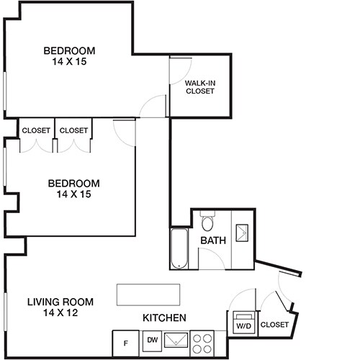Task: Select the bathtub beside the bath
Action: pyautogui.click(x=179, y=248)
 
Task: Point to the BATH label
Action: pyautogui.click(x=213, y=240)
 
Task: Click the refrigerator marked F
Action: pyautogui.click(x=126, y=343)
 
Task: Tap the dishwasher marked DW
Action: pyautogui.click(x=152, y=339)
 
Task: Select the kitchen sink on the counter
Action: pyautogui.click(x=176, y=341)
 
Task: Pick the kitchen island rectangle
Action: pyautogui.click(x=148, y=294)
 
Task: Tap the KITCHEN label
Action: pyautogui.click(x=165, y=318)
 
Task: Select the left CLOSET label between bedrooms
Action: pyautogui.click(x=36, y=130)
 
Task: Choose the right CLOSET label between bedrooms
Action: pyautogui.click(x=73, y=130)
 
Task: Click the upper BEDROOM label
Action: pyautogui.click(x=69, y=50)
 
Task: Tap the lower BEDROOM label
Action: pyautogui.click(x=73, y=183)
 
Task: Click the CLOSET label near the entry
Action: pyautogui.click(x=274, y=325)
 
